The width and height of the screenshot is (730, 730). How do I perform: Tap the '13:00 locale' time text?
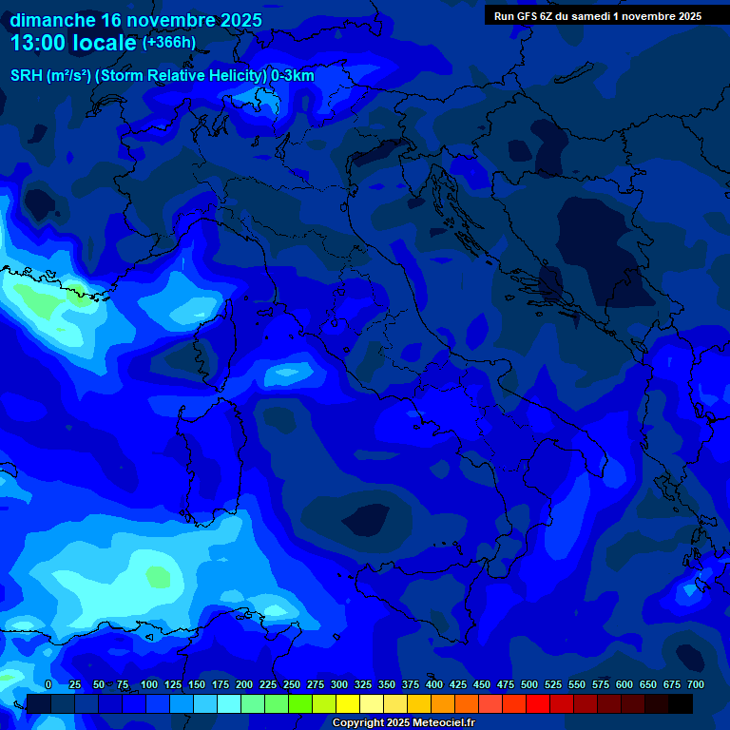click(73, 43)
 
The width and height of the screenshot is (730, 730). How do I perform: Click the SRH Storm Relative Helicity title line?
click(163, 76)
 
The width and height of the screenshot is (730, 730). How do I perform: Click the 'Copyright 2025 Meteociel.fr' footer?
click(403, 723)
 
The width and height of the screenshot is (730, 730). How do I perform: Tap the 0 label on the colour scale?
click(48, 684)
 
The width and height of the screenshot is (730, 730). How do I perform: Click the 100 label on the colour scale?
click(149, 684)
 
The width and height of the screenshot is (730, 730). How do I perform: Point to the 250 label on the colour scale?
click(292, 684)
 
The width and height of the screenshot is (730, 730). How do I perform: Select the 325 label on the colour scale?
click(363, 684)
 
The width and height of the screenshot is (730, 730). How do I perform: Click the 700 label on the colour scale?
click(695, 684)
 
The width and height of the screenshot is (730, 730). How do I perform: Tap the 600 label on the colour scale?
click(624, 684)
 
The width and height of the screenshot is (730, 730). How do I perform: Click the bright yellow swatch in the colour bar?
click(348, 703)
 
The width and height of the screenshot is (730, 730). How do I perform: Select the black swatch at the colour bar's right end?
click(681, 703)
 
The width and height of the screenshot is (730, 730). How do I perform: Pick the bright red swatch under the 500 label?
click(538, 703)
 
